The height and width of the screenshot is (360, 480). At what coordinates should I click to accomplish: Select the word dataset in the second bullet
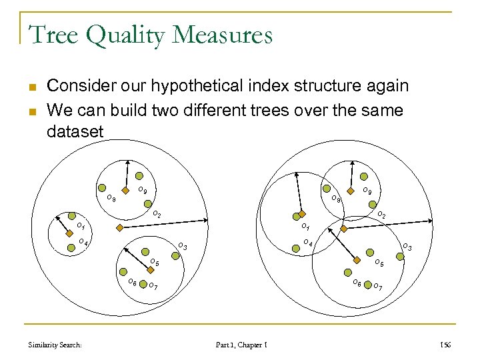[75, 131]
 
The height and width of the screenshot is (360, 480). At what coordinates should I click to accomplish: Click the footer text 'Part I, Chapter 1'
[242, 344]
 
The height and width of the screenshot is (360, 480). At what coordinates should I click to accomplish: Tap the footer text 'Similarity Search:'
[56, 344]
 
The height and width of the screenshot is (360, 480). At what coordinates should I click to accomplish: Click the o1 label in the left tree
[79, 227]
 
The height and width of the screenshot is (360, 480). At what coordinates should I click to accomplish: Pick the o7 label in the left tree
[153, 287]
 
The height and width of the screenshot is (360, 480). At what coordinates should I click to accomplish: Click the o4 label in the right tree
[307, 242]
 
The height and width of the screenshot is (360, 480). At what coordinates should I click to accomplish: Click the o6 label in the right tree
[357, 283]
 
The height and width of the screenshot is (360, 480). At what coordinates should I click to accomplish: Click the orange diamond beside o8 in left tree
[124, 190]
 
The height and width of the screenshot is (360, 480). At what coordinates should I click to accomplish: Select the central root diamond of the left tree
[119, 228]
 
